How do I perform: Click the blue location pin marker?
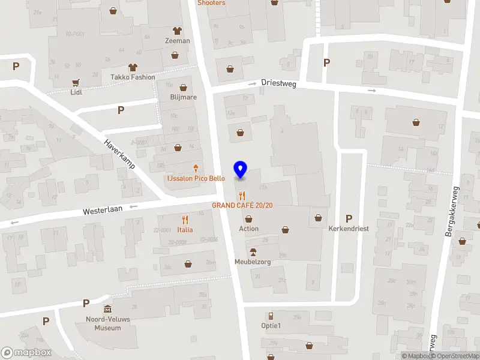pos(241,170)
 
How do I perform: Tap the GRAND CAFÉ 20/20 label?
pos(242,205)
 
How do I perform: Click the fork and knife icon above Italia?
pos(185,220)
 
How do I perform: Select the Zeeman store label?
pos(178,41)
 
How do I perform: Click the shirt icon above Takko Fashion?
pos(133,67)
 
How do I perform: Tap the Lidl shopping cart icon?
pos(76,83)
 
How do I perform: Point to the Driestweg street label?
pos(278,85)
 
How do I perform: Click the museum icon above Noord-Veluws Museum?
pos(108,309)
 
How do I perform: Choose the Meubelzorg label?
pos(252,262)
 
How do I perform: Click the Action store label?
pos(249,229)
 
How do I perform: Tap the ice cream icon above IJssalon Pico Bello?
pos(196,169)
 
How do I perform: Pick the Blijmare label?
pos(184,97)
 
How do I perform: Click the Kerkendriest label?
pos(348,229)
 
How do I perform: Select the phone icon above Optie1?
pos(271,316)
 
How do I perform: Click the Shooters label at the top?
pos(212,3)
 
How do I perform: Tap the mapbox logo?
pos(26,353)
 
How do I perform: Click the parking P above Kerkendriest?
pos(349,218)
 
